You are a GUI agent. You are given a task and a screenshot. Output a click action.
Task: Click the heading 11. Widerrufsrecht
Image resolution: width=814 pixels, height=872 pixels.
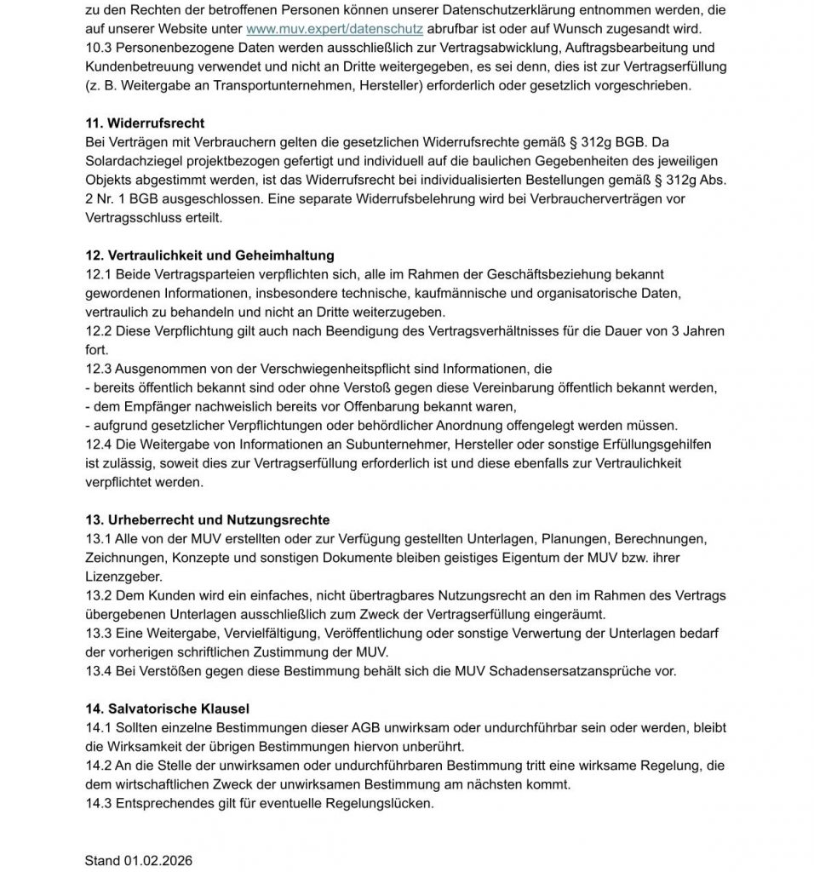pos(145,123)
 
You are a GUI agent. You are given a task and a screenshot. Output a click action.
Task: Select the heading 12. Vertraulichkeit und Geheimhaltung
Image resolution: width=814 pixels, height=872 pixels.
pos(209,255)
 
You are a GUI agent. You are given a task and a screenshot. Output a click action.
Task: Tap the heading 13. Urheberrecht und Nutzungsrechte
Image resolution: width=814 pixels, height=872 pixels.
pos(207,519)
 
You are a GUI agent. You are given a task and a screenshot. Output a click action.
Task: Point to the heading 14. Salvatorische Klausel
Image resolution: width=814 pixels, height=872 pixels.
pos(168,708)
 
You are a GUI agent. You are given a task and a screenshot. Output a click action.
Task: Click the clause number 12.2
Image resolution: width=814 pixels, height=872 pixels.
pos(98,330)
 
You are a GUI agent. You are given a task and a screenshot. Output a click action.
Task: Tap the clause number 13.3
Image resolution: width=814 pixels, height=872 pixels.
pos(98,633)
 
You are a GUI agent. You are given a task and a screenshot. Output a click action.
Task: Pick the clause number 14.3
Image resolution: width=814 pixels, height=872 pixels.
pos(98,802)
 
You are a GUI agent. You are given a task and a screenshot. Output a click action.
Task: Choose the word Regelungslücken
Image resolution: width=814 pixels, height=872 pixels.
pos(378,802)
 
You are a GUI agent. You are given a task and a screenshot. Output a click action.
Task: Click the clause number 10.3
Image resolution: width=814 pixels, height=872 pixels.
pos(98,49)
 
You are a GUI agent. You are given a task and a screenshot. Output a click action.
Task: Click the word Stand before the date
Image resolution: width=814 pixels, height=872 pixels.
pos(102,861)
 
